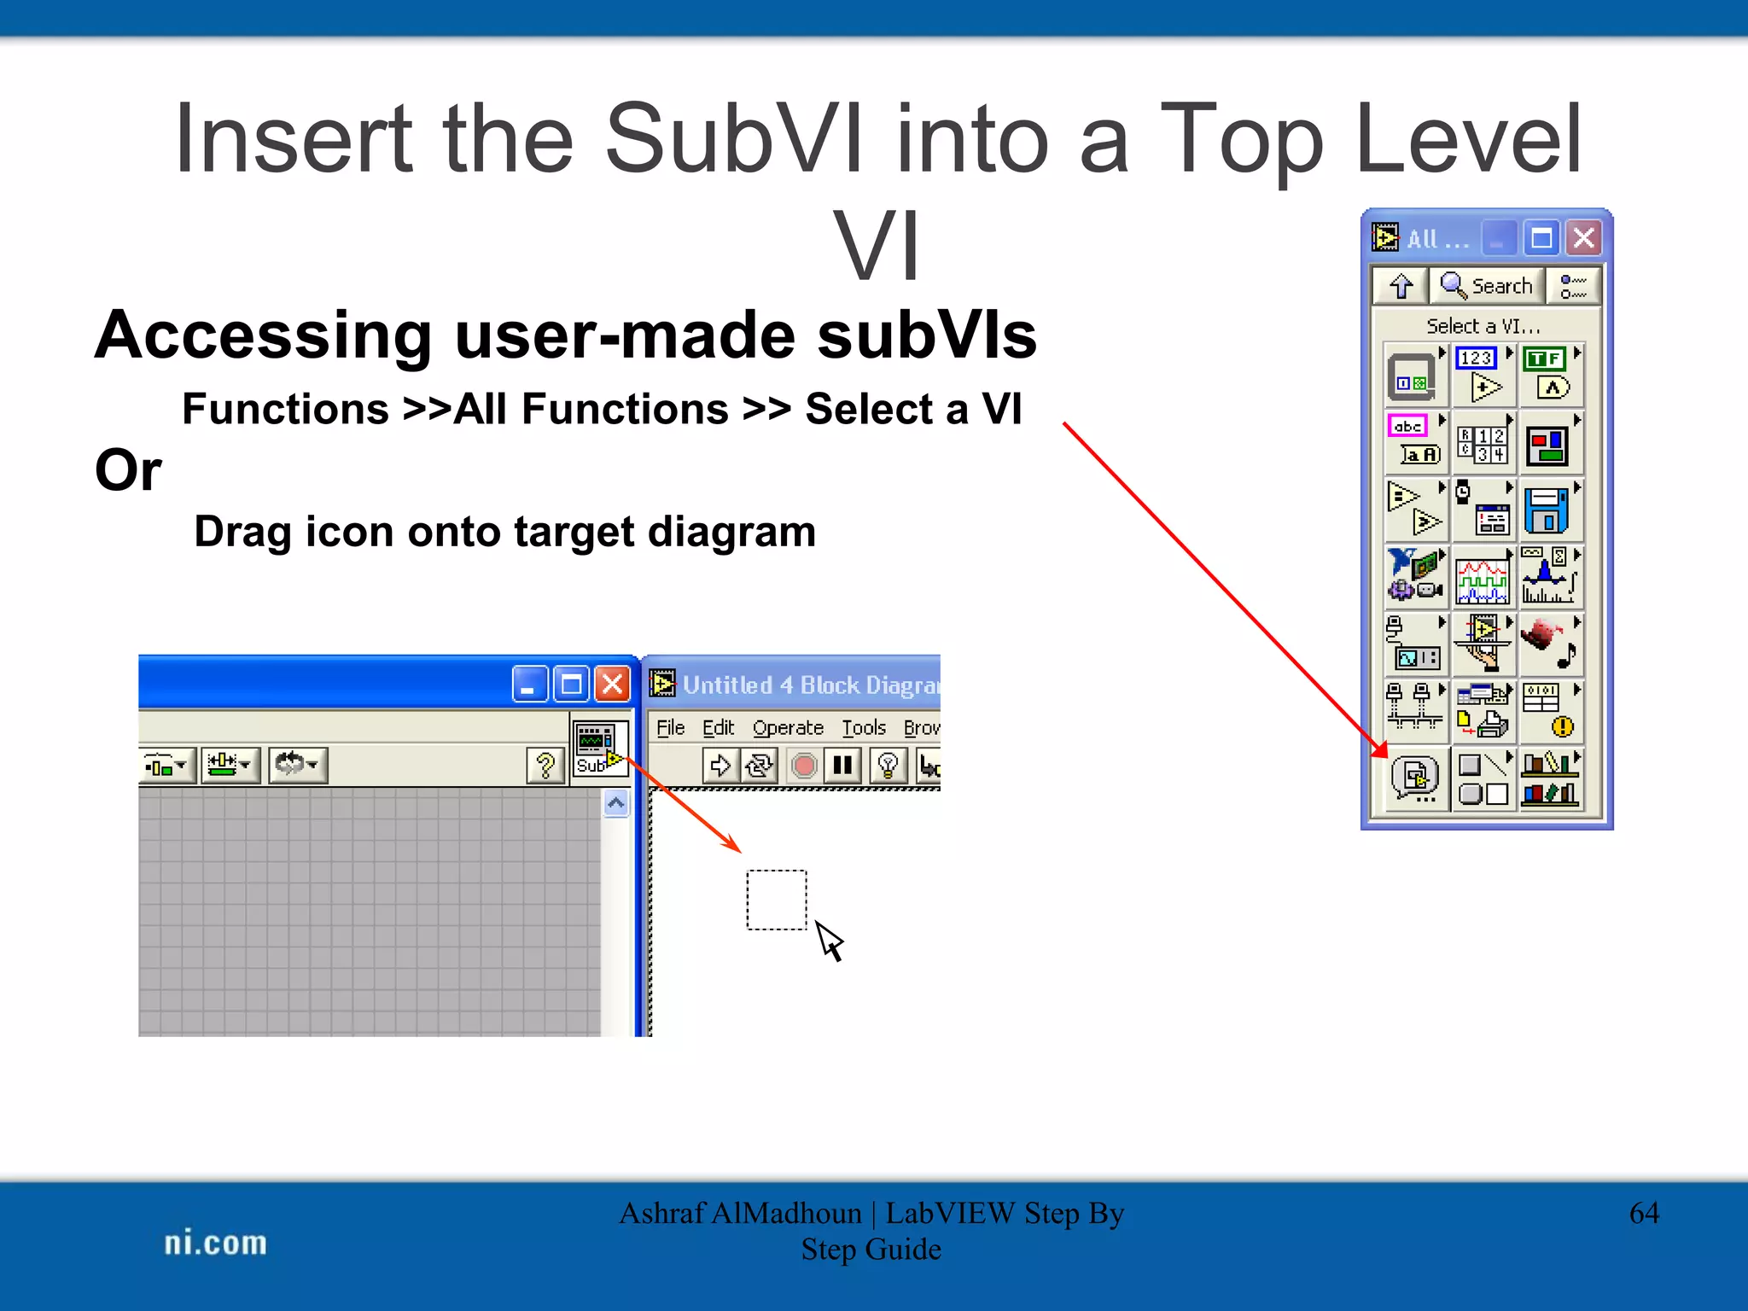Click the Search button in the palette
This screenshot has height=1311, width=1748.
click(1487, 286)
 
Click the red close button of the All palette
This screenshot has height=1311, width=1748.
click(1584, 238)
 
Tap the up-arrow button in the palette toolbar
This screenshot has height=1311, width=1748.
click(1401, 286)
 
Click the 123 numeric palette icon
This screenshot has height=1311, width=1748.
click(1483, 375)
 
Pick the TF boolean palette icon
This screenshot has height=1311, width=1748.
click(1551, 375)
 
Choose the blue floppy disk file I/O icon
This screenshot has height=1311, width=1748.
click(1547, 510)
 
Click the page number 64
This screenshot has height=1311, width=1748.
click(1643, 1213)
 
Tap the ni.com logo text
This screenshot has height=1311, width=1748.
click(215, 1243)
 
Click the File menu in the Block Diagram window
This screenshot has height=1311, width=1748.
click(670, 727)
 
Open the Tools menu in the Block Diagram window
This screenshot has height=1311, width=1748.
click(864, 727)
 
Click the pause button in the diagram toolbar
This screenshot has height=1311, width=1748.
click(842, 765)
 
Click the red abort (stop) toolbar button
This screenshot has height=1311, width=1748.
click(803, 765)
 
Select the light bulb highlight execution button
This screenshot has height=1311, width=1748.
click(888, 765)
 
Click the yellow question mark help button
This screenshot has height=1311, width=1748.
click(545, 765)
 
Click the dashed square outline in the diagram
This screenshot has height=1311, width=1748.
click(776, 900)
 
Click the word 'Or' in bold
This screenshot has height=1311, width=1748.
click(128, 470)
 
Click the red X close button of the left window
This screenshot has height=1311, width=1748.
click(612, 684)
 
